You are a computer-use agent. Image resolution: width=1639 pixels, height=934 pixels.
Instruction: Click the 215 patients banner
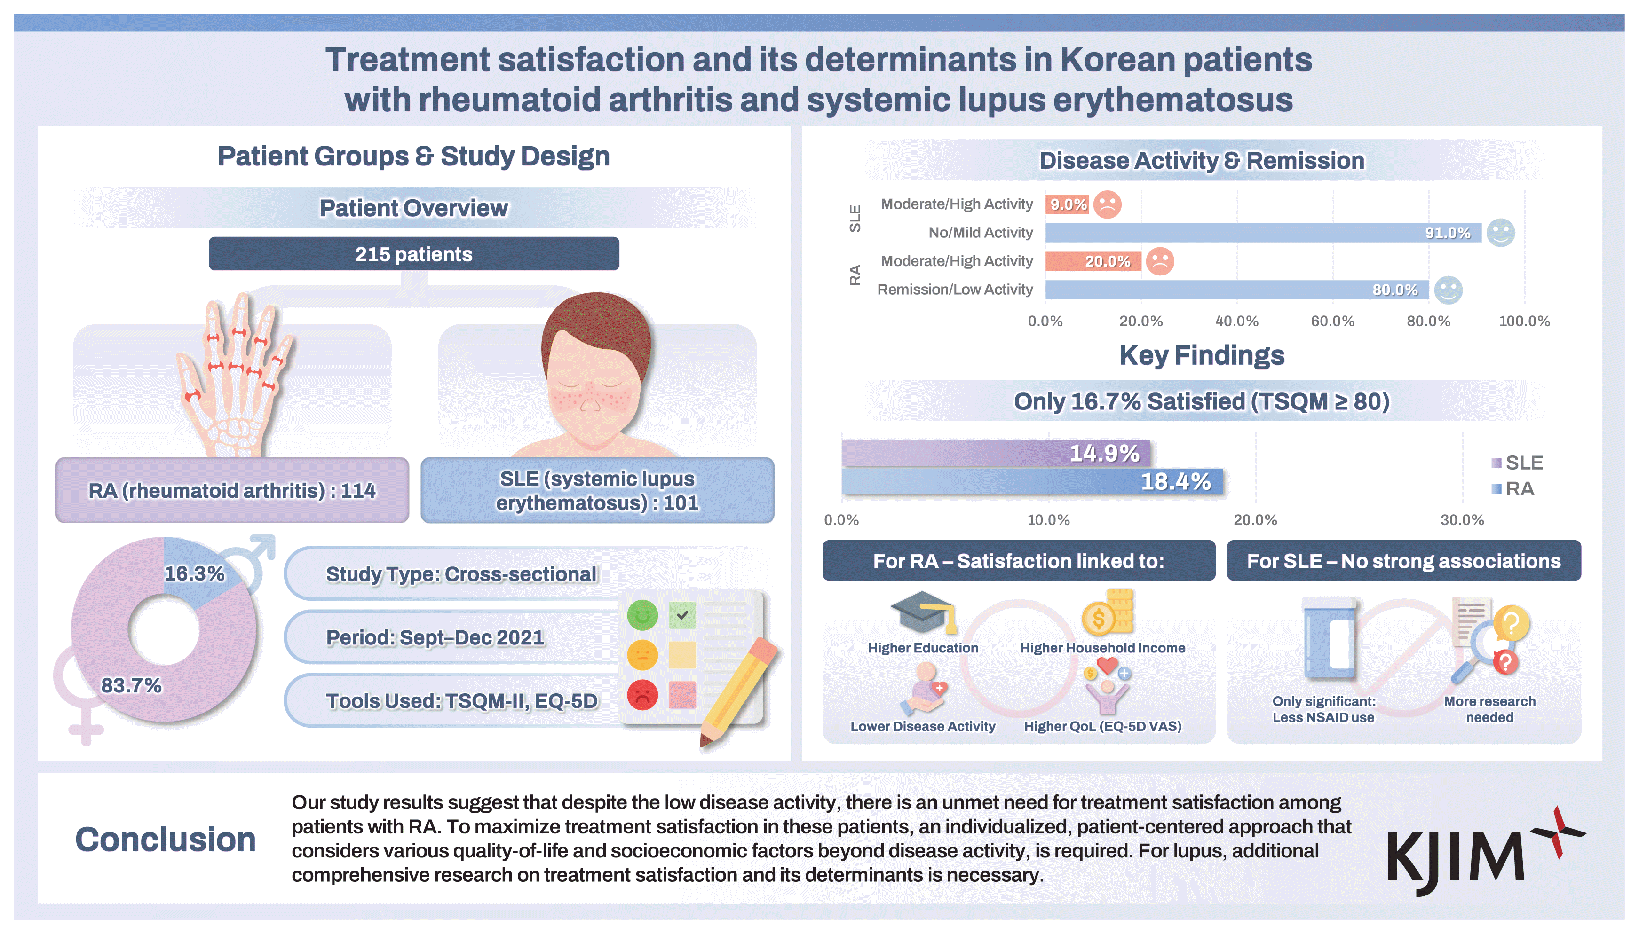413,254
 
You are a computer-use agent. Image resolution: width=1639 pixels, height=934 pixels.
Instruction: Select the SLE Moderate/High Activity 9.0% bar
1067,204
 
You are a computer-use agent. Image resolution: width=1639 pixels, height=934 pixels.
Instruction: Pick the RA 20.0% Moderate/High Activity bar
1093,261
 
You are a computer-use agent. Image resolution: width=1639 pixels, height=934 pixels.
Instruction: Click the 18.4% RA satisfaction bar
1031,482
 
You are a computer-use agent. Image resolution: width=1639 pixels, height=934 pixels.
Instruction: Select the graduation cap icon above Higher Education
923,612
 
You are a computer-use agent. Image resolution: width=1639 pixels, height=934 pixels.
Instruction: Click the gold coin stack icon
1109,612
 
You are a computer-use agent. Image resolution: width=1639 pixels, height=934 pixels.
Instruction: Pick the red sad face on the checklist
642,695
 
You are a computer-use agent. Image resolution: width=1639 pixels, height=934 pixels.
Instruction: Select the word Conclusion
166,840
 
